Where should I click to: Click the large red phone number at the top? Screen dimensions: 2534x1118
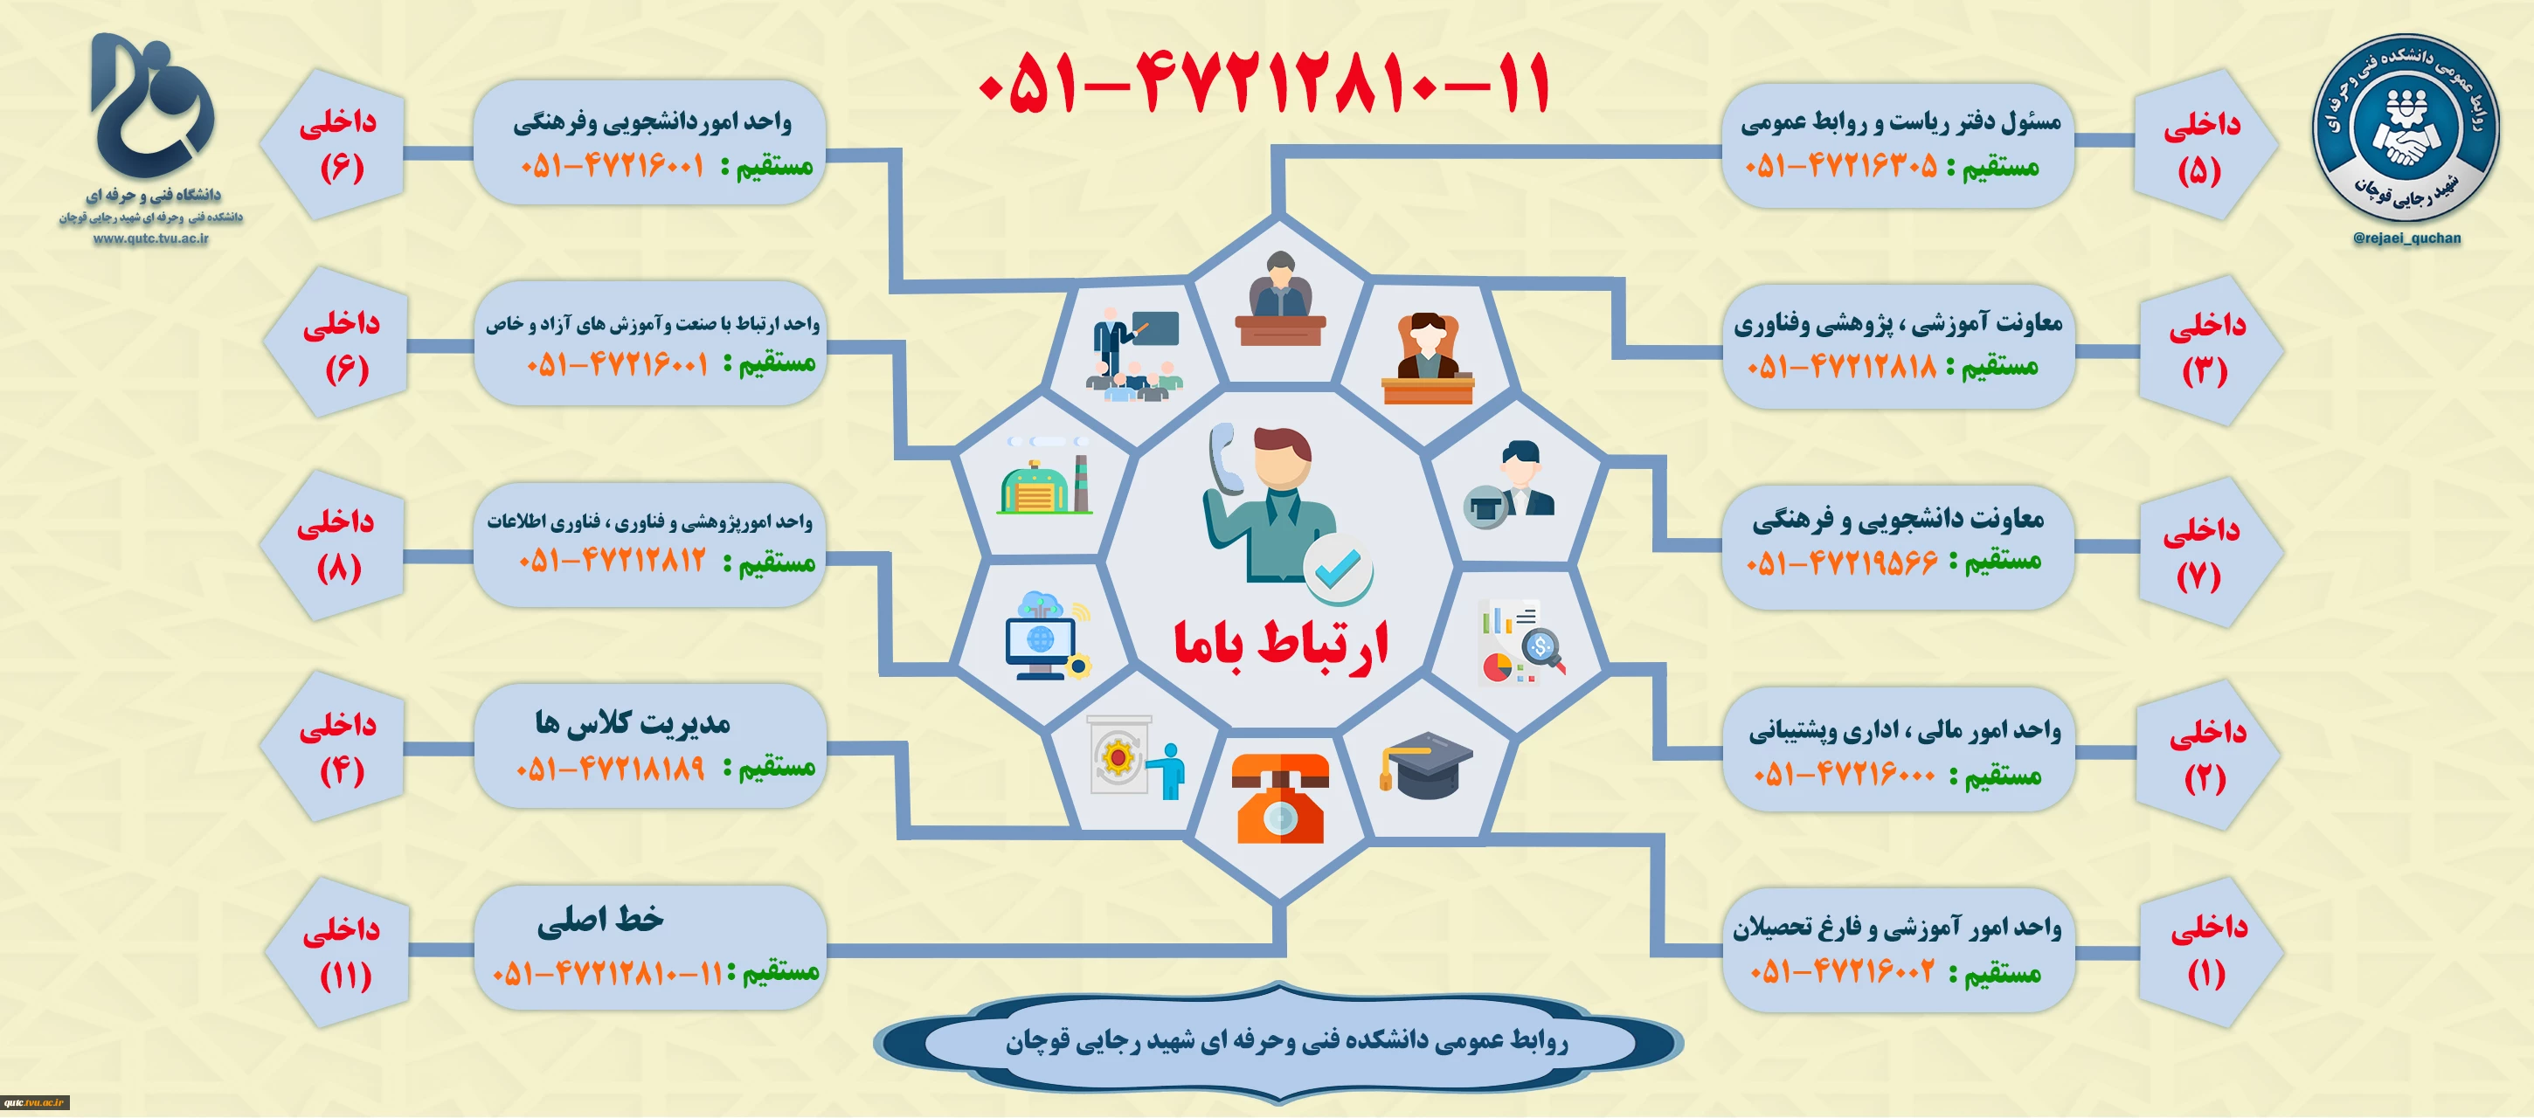1265,83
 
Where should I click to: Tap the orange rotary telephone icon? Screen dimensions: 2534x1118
1280,797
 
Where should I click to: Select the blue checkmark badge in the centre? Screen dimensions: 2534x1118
1338,569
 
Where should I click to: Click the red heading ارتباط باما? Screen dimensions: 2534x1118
1280,644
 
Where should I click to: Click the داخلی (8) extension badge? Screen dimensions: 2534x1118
335,545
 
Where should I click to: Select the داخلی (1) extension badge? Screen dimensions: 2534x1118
2209,949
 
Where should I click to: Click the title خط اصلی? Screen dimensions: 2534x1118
600,921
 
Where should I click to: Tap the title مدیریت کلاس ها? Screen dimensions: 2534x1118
633,722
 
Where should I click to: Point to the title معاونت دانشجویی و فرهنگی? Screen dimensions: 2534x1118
1898,518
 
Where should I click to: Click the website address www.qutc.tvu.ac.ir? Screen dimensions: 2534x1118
150,238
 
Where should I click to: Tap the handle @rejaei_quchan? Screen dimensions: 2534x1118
2406,238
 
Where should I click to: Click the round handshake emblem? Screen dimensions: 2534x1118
2406,128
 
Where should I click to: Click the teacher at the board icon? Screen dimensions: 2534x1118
1134,354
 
